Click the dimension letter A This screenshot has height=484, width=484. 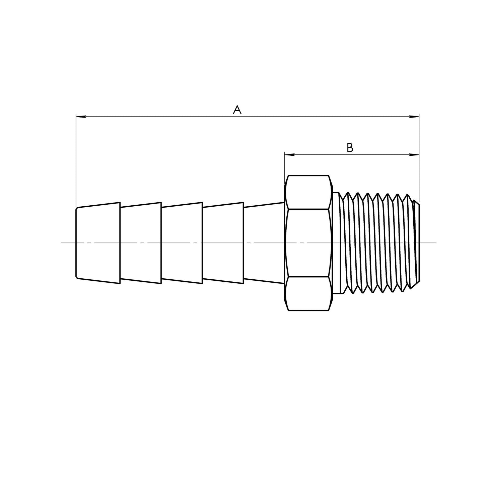tap(237, 110)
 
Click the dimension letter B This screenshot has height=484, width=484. tap(350, 147)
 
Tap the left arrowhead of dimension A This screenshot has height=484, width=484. tap(81, 117)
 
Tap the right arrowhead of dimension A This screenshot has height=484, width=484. tap(415, 117)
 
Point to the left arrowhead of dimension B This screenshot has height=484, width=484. tap(289, 155)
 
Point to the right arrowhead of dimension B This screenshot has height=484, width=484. tap(415, 155)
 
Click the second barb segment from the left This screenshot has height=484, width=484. tap(141, 243)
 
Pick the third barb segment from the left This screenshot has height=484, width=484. tap(182, 243)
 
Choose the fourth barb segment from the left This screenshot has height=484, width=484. tap(223, 243)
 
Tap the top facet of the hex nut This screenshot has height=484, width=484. tap(308, 192)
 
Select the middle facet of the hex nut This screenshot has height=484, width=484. tap(308, 243)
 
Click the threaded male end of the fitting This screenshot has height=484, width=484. tap(375, 243)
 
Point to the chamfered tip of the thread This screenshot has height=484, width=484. tap(416, 243)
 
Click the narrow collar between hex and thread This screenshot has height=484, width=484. tap(336, 243)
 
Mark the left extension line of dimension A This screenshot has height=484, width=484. tap(76, 161)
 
